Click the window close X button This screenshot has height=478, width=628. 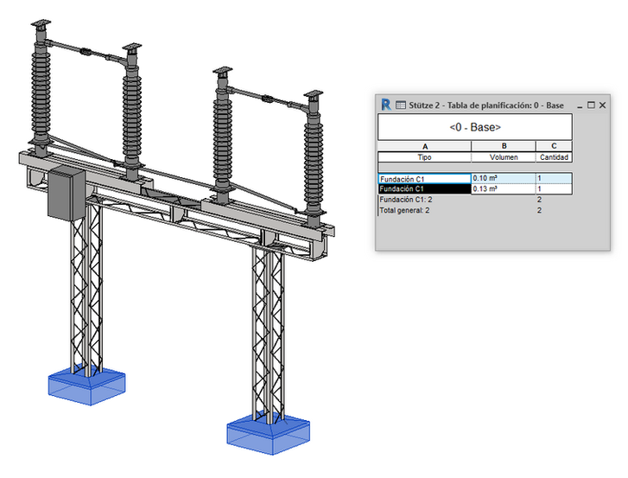tap(602, 105)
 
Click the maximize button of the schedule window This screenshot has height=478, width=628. tap(591, 105)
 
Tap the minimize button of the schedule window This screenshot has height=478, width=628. tap(580, 107)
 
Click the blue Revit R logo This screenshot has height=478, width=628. tap(385, 105)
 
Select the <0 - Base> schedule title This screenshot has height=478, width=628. tap(475, 127)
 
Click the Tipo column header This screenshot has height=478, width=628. tap(424, 157)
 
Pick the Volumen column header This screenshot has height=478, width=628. tap(504, 157)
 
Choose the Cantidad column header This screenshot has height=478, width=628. tap(554, 157)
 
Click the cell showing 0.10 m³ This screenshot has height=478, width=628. tap(504, 178)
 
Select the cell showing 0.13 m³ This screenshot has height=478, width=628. tap(504, 188)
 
